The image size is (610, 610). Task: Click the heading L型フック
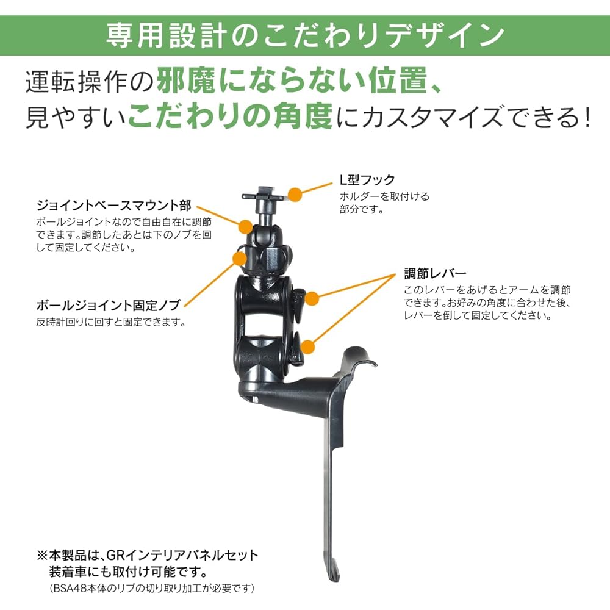pos(367,180)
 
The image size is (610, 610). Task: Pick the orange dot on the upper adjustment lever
pos(312,298)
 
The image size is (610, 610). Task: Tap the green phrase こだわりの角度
pos(229,116)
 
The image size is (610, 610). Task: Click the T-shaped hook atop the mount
pos(264,197)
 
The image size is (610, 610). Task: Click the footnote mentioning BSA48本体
pos(152,589)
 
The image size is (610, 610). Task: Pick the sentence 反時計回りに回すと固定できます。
pos(110,322)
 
